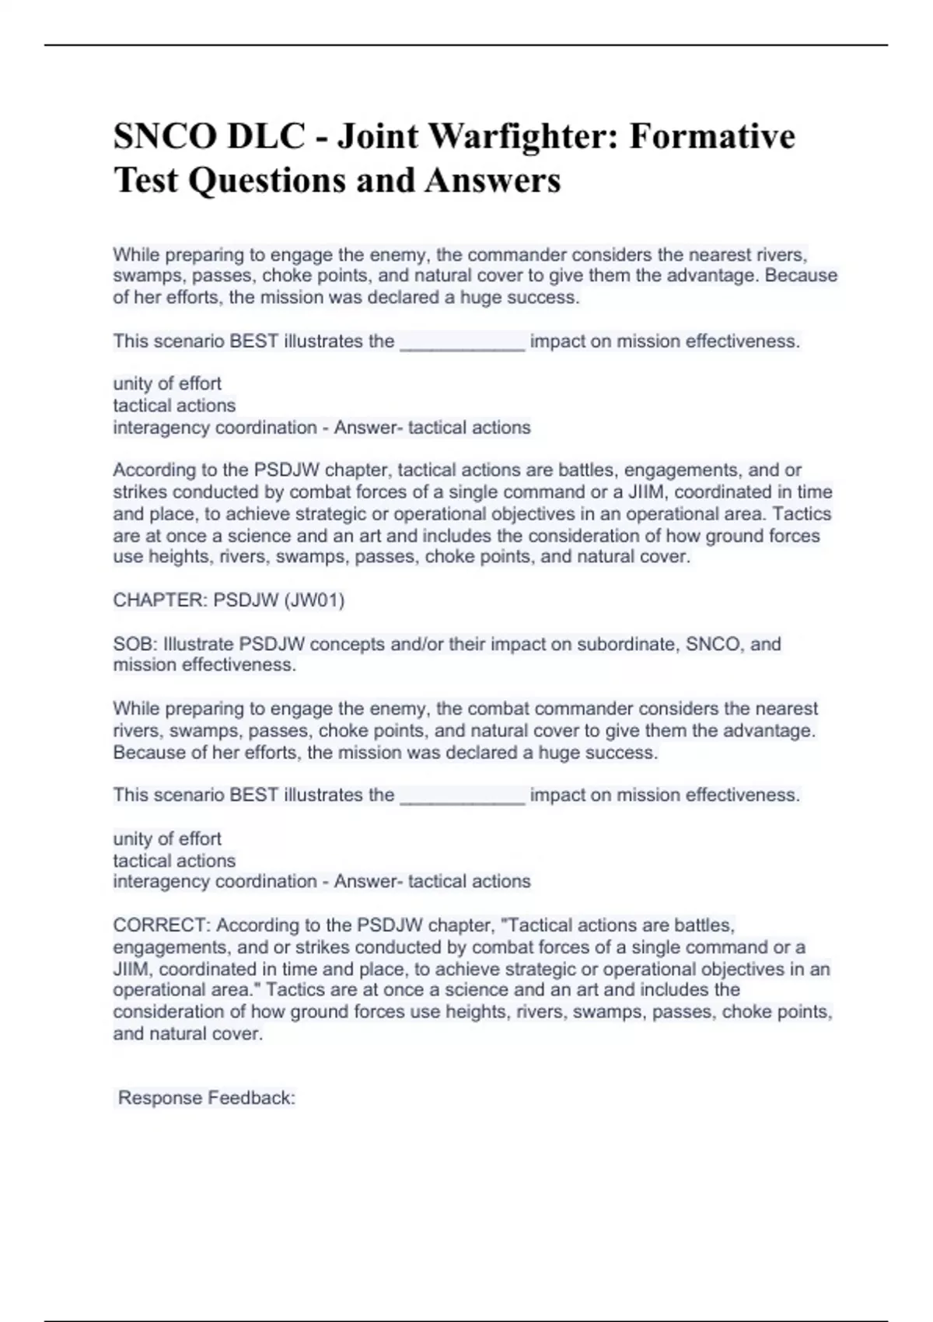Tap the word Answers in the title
[492, 180]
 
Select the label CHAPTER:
[160, 600]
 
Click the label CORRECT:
[162, 925]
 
